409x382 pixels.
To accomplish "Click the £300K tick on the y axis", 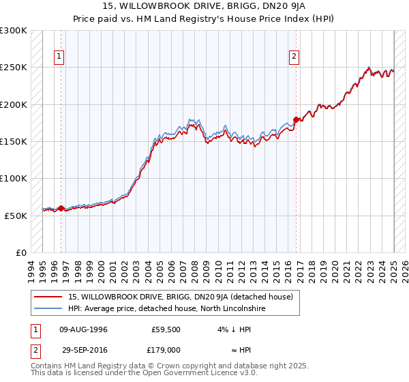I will point(14,31).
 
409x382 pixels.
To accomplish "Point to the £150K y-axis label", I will point(14,141).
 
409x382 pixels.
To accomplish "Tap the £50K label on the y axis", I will point(16,215).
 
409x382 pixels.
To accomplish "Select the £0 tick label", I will point(21,252).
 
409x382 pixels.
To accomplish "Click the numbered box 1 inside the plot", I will point(60,57).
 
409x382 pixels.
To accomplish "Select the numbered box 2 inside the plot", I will point(294,57).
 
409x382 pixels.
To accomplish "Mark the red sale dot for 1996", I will point(61,209).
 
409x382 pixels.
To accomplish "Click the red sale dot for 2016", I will point(296,120).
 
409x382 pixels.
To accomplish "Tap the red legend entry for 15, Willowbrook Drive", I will point(181,297).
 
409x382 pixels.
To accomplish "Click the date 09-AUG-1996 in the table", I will point(83,329).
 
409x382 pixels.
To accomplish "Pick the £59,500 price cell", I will point(166,329).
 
